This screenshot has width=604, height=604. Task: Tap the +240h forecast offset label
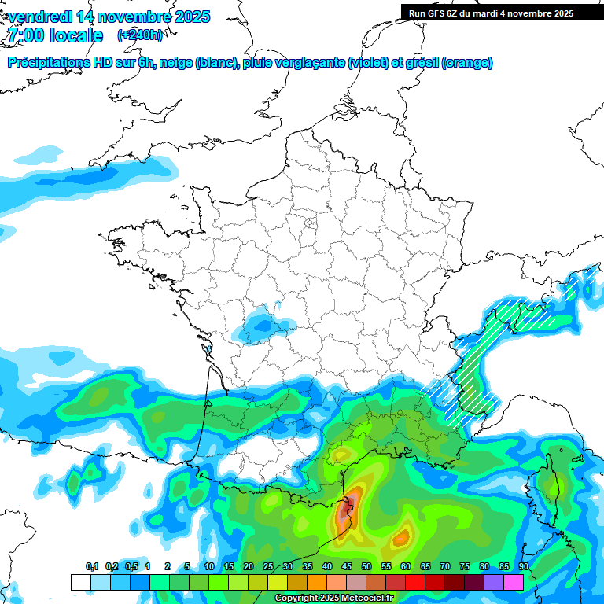pos(141,35)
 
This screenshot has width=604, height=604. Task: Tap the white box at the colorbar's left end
pos(80,582)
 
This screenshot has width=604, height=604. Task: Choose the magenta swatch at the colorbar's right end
pos(513,582)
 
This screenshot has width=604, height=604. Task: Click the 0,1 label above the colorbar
pos(92,567)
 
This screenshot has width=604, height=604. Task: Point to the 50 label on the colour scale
pos(366,567)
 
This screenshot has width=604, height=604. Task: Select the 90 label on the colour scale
pos(524,567)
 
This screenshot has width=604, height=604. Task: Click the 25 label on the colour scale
pos(268,567)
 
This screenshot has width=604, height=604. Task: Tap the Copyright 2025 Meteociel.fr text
pos(334,598)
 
